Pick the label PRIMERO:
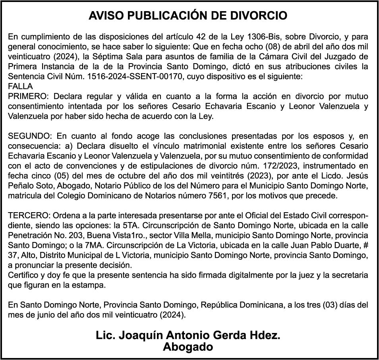pyautogui.click(x=29, y=97)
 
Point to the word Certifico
pyautogui.click(x=22, y=275)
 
